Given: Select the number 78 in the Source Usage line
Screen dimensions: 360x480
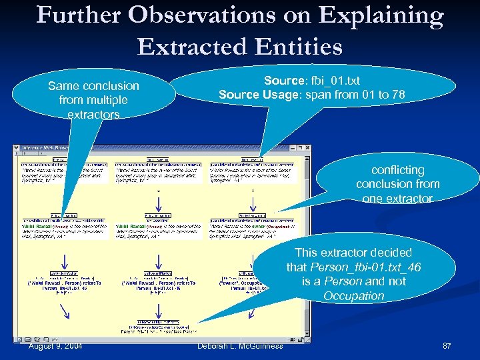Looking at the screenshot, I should pos(398,95).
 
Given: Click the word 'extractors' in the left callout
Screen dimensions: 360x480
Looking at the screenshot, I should pos(93,115).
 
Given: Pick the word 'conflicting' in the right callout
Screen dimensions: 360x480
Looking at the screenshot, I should pos(398,169).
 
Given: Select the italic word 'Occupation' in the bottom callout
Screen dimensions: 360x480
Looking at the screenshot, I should pos(354,295).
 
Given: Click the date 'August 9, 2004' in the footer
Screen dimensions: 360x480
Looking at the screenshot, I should pos(57,345).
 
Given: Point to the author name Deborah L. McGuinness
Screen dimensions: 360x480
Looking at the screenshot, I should pos(240,345).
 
